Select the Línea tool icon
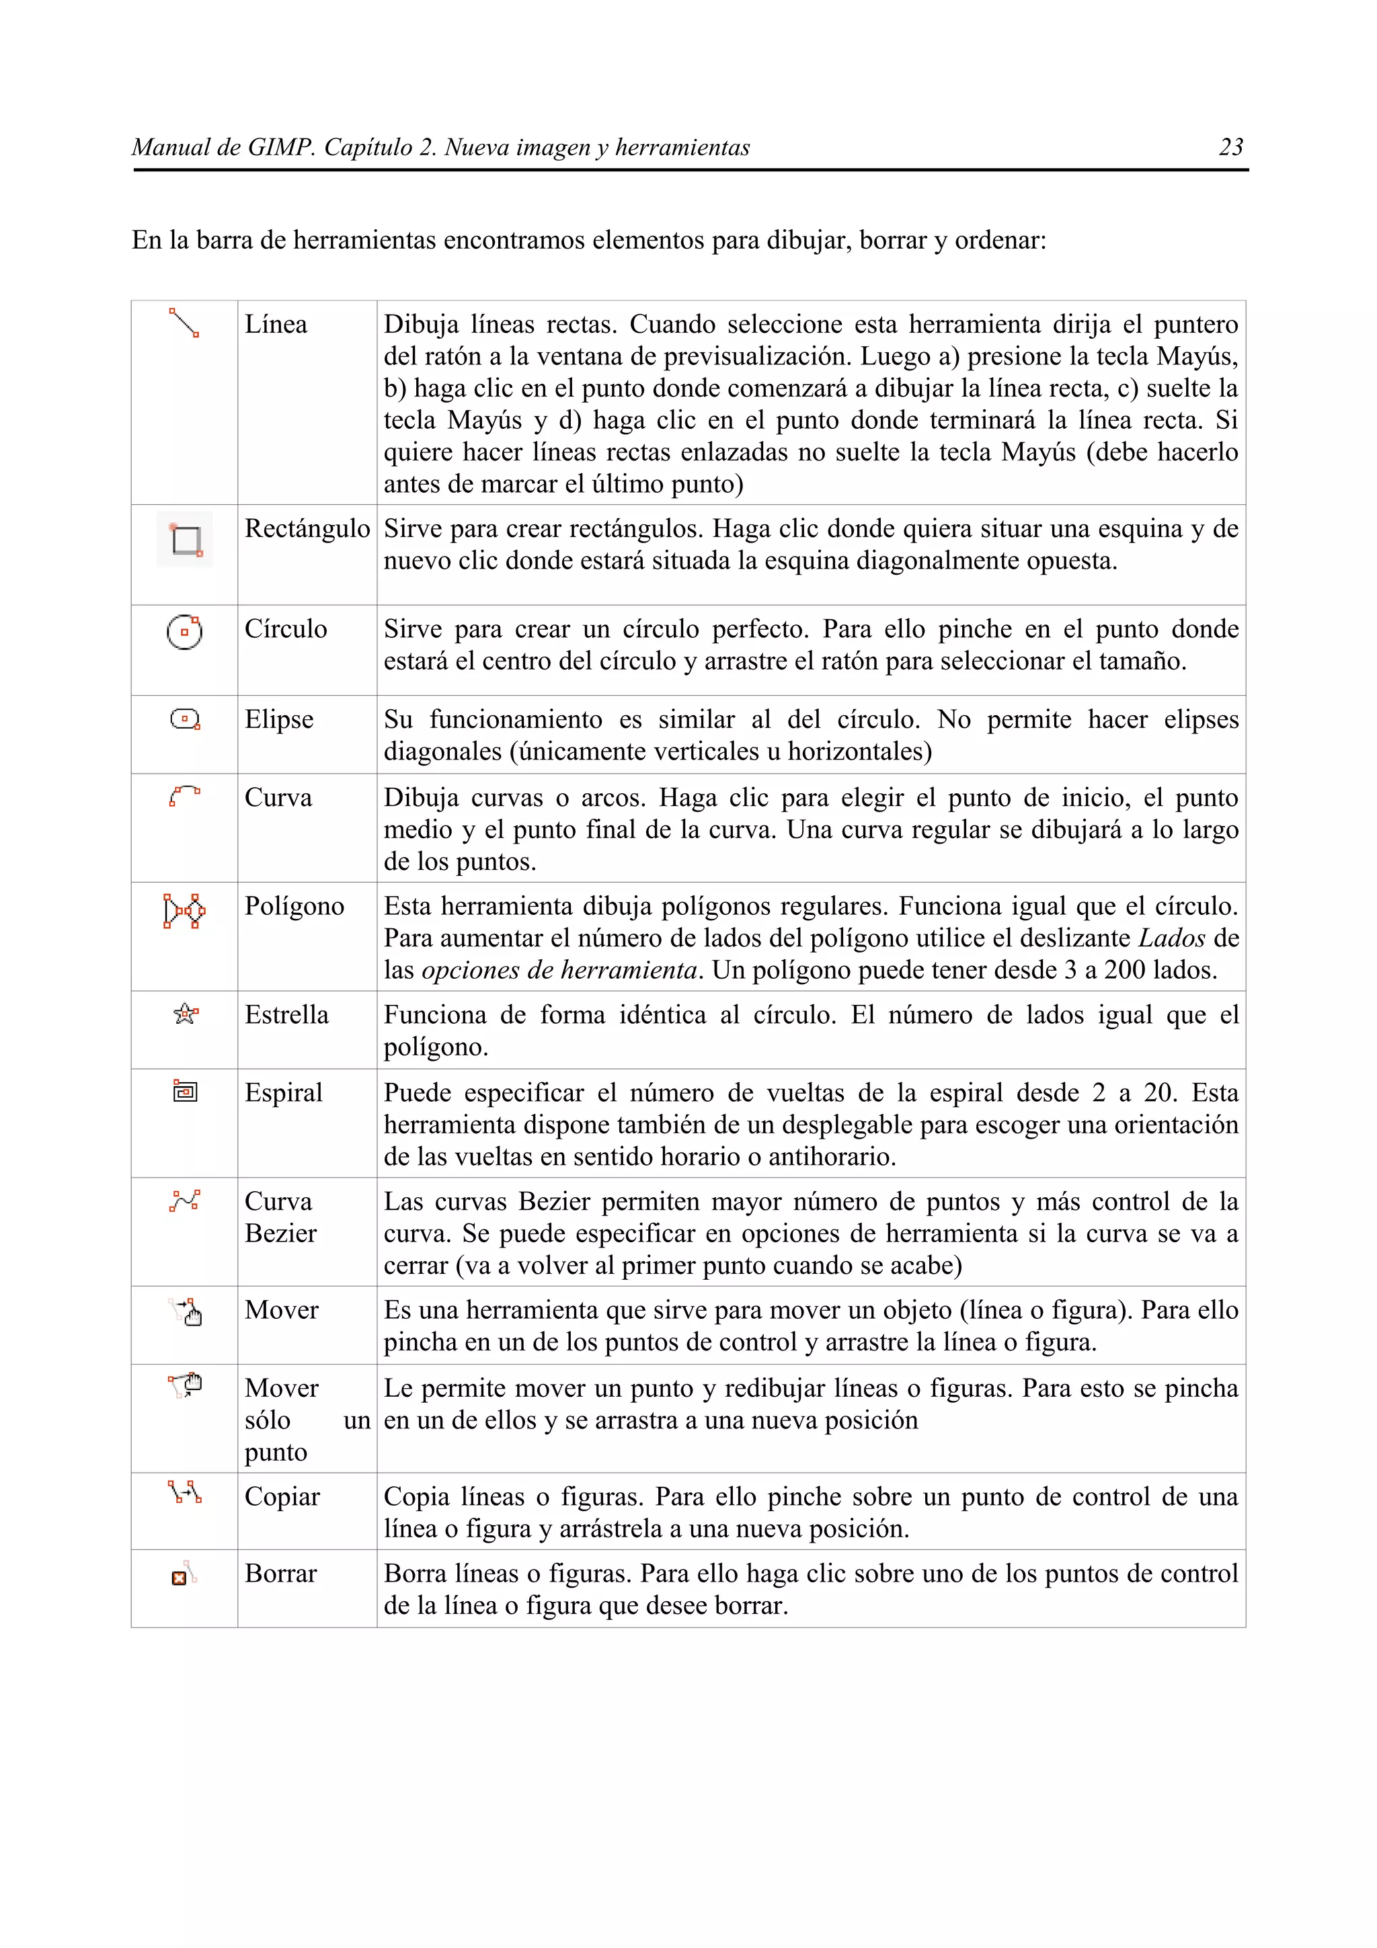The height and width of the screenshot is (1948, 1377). [184, 323]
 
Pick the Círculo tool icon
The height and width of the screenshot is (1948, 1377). [184, 632]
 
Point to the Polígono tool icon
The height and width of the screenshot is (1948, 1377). [184, 910]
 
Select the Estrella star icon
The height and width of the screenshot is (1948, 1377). [185, 1014]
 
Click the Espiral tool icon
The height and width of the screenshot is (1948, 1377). [185, 1091]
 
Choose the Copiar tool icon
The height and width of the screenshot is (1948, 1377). [184, 1492]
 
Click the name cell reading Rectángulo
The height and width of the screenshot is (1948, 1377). [307, 528]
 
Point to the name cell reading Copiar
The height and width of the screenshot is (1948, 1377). [282, 1497]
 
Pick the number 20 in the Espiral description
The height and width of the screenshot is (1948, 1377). [1159, 1093]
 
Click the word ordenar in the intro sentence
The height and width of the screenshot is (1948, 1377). [999, 241]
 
